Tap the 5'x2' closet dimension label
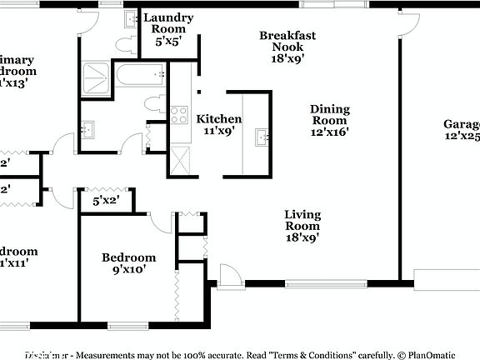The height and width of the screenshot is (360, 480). point(106,201)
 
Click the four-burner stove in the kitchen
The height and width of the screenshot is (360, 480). point(179,114)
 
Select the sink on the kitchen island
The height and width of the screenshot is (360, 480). point(262,137)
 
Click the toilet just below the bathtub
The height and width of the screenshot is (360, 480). point(155,104)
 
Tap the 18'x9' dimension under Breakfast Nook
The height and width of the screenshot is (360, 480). point(287,58)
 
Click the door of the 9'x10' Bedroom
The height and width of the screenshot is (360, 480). point(162,220)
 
